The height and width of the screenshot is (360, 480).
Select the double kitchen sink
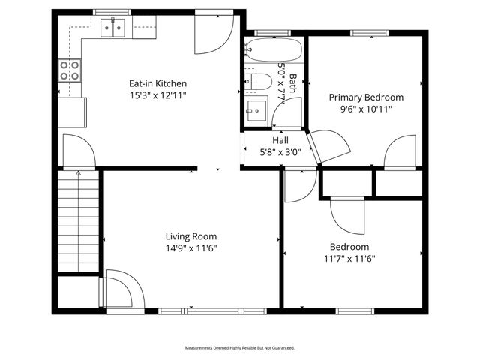[114, 28]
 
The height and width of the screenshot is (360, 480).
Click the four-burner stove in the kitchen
[70, 70]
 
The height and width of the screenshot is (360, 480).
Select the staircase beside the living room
[78, 221]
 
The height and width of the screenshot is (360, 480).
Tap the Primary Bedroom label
[366, 97]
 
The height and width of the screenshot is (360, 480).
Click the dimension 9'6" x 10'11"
[366, 109]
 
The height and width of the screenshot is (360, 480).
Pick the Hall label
[280, 140]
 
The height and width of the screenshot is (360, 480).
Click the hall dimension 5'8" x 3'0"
[280, 151]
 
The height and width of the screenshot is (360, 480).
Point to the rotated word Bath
[293, 81]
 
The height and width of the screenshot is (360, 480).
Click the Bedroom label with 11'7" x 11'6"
[349, 247]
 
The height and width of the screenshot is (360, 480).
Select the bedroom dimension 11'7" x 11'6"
[349, 259]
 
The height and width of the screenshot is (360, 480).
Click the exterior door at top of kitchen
[214, 34]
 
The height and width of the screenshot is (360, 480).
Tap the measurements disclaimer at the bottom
[240, 348]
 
